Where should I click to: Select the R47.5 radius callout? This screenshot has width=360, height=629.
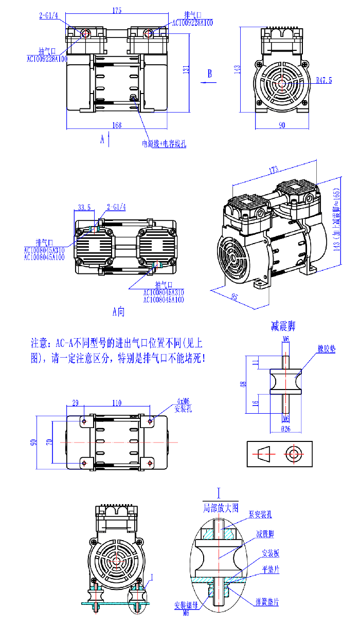(x=324, y=80)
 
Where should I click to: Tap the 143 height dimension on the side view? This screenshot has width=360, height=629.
(x=238, y=69)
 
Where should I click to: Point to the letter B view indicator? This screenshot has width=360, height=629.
(x=209, y=73)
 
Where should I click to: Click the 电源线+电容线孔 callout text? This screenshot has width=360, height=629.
(x=164, y=144)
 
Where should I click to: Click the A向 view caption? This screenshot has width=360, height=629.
(x=118, y=311)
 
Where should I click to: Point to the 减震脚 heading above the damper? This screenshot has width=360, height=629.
(x=283, y=326)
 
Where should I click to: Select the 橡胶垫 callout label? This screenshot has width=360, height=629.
(x=326, y=349)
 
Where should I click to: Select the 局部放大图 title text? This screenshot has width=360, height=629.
(x=221, y=508)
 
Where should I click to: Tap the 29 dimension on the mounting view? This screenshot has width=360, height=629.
(x=75, y=403)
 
